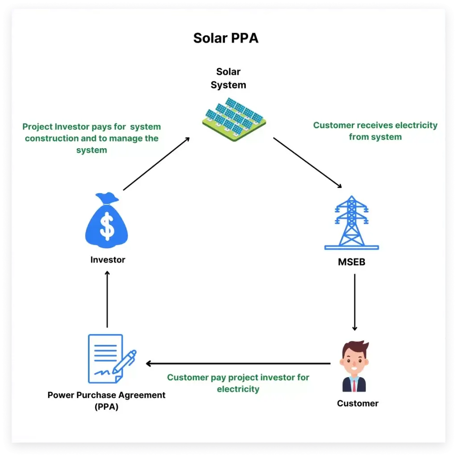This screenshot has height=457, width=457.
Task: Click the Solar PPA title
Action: (225, 38)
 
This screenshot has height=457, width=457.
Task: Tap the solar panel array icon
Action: (233, 120)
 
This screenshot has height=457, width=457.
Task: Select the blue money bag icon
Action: (107, 222)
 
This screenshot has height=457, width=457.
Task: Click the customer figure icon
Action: (354, 366)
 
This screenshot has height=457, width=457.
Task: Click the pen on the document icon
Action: (125, 361)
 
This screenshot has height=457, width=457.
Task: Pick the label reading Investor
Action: (108, 260)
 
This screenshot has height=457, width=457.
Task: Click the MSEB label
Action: (352, 262)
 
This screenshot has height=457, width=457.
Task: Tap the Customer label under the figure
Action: (357, 403)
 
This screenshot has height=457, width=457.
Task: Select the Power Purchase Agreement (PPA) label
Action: (106, 400)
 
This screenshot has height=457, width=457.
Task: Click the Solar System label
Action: (228, 78)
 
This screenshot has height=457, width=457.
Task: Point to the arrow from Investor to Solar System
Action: (156, 164)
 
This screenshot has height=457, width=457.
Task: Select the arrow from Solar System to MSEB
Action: (308, 163)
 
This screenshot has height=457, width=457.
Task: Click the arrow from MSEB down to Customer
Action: (355, 302)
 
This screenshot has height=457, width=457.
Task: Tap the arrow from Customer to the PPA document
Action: (238, 364)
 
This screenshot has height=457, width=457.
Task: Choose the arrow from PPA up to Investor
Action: (107, 299)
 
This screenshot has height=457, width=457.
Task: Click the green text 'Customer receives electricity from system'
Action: (375, 131)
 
